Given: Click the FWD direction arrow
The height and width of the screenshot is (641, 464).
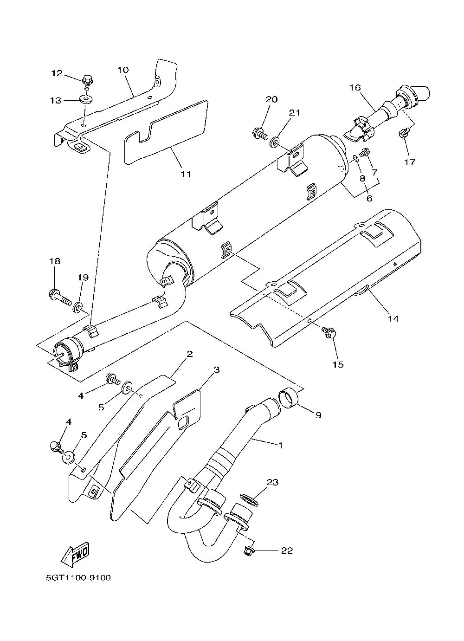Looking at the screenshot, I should coord(75,555).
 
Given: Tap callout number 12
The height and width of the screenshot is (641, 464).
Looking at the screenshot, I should coord(57,73).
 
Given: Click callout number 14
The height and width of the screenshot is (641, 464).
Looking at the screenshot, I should coord(393,319).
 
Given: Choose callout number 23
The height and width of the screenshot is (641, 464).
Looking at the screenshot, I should coord(272,483).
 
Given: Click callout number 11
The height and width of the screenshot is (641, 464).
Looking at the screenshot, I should coord(186,174).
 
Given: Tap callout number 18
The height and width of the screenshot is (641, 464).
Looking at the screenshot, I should coord(55,262).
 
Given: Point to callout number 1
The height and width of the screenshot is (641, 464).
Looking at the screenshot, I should coord(280,445).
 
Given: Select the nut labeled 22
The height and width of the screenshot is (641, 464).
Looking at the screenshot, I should coord(248,551).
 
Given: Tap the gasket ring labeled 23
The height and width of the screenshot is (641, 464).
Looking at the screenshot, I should coord(249,499).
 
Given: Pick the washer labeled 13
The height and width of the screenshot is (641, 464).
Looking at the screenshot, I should coord(86,99).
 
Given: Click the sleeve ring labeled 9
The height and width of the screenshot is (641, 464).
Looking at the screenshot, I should coord(288,398).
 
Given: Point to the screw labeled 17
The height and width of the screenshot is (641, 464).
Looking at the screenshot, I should coord(403,134).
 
